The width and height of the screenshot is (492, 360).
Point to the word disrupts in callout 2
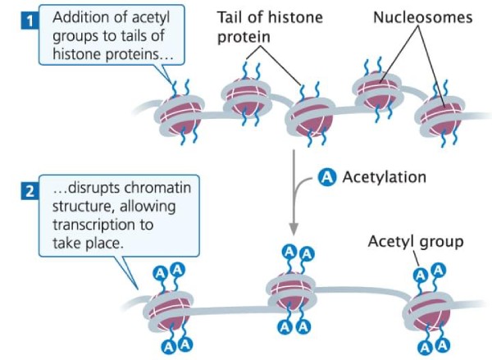tap(95, 188)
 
